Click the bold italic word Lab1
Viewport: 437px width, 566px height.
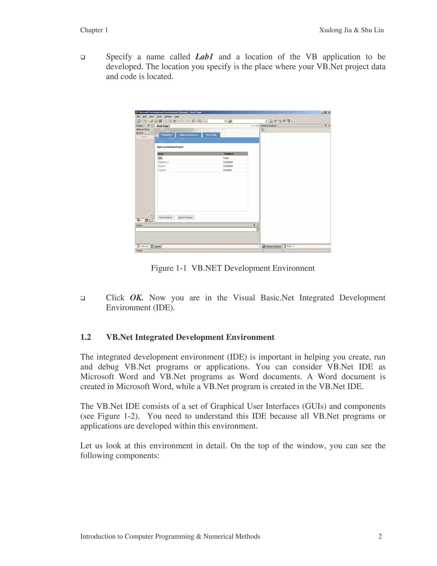point(204,57)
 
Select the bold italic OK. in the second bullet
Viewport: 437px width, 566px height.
point(136,298)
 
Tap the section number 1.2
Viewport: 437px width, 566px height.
point(86,337)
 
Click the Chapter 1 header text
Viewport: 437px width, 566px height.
point(94,30)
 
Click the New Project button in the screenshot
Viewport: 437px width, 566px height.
point(165,217)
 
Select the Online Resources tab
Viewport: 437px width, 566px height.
point(188,135)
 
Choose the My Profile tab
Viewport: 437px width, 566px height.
point(211,135)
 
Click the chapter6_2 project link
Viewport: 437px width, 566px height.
point(163,162)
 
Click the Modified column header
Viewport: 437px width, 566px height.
point(229,154)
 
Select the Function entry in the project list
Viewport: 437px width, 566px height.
point(162,170)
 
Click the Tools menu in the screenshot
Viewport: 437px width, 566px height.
point(159,117)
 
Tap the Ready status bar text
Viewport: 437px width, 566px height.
point(140,251)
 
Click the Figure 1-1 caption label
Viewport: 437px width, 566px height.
point(169,268)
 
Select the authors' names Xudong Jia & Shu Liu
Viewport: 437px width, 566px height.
point(351,30)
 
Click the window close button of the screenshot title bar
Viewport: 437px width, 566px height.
point(329,112)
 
